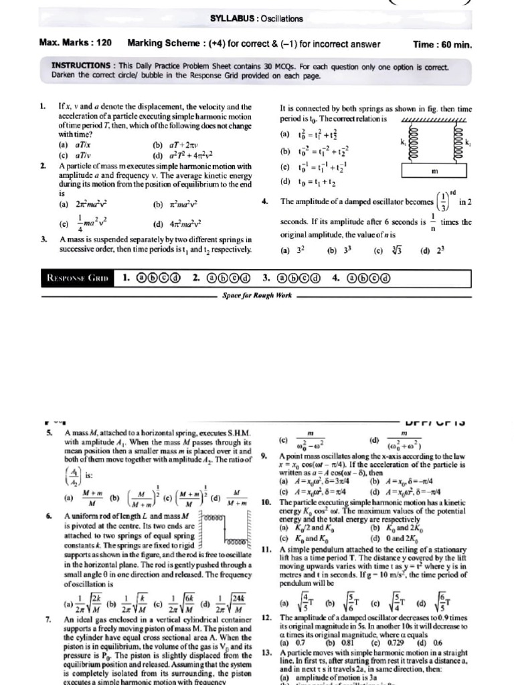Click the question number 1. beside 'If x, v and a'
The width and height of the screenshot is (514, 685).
(42, 106)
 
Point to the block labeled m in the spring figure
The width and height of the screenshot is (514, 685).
(434, 172)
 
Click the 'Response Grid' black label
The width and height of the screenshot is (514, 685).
(76, 277)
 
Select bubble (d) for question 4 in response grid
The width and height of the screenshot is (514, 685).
(385, 277)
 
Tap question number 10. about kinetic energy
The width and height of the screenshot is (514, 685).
(266, 502)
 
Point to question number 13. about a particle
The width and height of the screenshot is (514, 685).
(266, 652)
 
